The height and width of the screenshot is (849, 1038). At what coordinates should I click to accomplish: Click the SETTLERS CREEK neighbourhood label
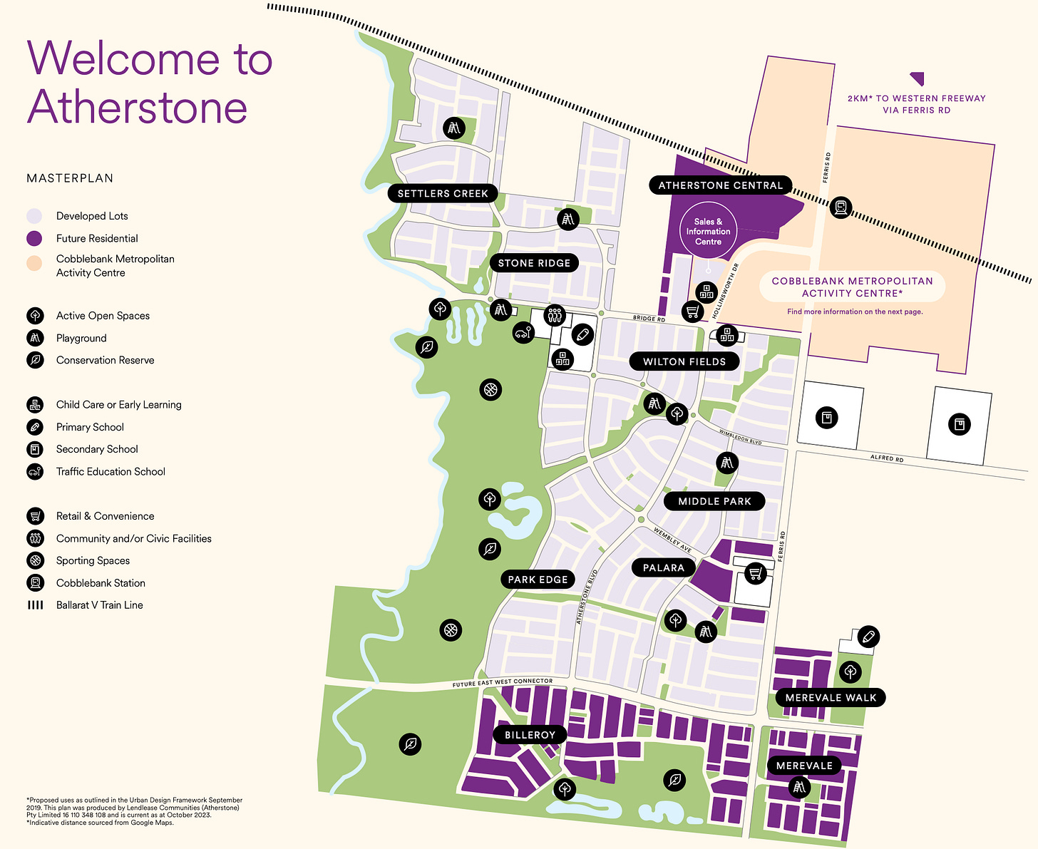tap(443, 193)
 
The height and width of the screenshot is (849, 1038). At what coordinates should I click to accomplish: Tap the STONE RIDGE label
tap(534, 263)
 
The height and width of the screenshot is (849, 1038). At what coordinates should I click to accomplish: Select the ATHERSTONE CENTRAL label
tap(720, 185)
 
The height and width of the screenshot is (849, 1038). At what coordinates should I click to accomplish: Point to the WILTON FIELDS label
tap(684, 361)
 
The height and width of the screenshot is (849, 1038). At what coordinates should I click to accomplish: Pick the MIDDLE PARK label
tap(714, 501)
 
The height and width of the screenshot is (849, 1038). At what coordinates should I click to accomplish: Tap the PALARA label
tap(663, 567)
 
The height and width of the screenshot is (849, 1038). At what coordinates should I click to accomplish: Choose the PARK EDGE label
tap(538, 580)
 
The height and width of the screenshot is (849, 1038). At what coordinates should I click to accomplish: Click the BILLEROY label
tap(530, 735)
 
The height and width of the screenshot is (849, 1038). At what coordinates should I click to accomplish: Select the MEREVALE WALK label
tap(831, 697)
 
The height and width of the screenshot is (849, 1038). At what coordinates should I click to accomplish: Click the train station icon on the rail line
tap(841, 207)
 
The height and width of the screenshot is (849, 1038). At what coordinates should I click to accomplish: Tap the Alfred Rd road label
tap(887, 458)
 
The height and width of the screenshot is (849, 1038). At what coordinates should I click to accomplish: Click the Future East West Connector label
tap(502, 683)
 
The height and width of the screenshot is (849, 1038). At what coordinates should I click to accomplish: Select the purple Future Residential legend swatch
tap(34, 239)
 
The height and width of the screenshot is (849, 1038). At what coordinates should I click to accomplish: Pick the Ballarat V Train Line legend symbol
tap(35, 605)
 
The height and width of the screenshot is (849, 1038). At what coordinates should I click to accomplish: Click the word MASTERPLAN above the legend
tap(70, 178)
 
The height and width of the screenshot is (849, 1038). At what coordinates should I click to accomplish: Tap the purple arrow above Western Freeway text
tap(917, 78)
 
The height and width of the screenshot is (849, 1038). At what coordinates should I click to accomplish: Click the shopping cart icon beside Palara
tap(756, 572)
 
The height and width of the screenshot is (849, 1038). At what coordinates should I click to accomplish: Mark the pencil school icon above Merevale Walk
tap(868, 637)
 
